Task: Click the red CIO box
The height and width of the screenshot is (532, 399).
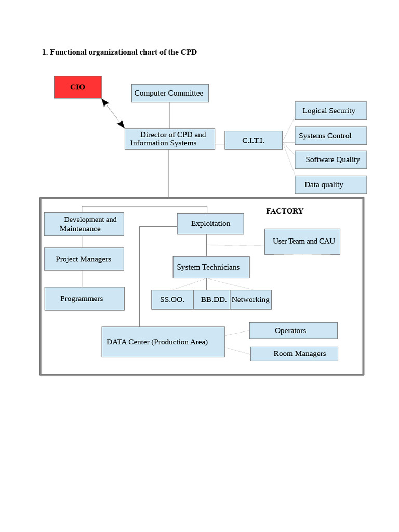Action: (78, 87)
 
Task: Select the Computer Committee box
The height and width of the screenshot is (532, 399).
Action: (170, 93)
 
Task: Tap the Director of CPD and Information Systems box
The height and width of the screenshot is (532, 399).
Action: (170, 139)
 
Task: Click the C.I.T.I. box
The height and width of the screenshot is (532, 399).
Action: (254, 140)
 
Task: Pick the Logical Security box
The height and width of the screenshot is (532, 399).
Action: (331, 111)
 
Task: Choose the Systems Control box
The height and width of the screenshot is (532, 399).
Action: (331, 136)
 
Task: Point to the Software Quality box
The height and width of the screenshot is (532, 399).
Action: (331, 159)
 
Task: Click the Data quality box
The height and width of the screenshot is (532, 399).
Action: (331, 184)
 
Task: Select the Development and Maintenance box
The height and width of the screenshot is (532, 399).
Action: (84, 224)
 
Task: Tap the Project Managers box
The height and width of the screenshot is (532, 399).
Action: (84, 259)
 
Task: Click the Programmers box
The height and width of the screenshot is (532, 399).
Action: (85, 299)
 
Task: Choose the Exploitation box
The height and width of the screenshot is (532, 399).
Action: (210, 223)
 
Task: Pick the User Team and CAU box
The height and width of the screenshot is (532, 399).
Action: (302, 241)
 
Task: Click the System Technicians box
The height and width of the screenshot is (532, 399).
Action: (211, 267)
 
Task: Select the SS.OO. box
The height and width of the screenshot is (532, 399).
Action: (172, 300)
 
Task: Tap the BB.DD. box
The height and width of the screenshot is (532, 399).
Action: (212, 300)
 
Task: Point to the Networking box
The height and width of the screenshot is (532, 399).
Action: (251, 300)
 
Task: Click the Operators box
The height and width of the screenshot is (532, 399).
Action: (294, 330)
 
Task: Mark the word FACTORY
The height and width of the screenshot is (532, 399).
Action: (285, 211)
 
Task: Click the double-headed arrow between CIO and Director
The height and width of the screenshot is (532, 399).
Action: (113, 113)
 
